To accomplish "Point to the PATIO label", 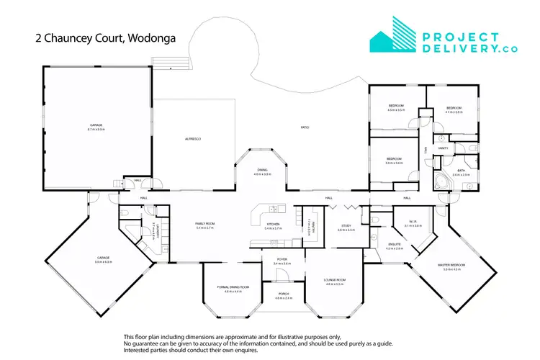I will tap(305, 127).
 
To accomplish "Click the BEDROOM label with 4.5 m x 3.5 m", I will tap(397, 106).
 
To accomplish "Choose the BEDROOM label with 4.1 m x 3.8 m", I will tap(453, 106).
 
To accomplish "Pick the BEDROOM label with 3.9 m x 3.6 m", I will tap(393, 159).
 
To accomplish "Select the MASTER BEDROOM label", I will tap(451, 264).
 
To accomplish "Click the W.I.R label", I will tap(408, 222).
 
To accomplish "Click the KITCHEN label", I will tap(273, 224).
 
